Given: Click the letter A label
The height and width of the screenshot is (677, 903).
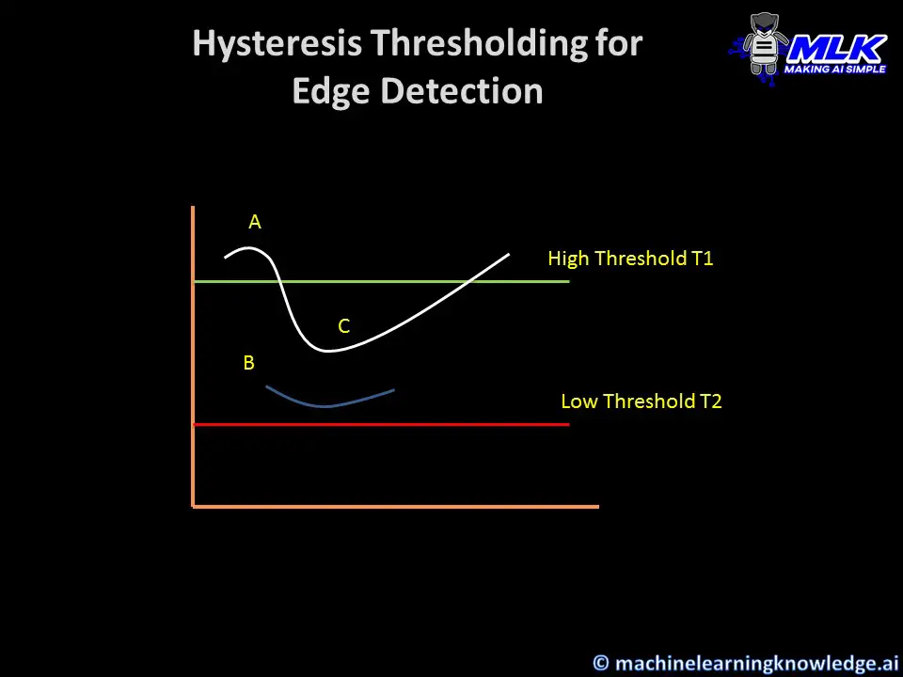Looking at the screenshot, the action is coord(255,222).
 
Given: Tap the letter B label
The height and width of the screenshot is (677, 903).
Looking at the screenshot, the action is coord(248,363).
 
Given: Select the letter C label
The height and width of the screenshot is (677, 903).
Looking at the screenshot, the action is coord(344,326).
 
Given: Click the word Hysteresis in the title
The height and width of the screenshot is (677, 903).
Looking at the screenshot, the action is coord(277,44).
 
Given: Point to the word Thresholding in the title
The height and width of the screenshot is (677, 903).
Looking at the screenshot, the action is coord(480,44).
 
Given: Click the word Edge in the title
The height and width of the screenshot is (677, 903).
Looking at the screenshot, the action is coord(331,91).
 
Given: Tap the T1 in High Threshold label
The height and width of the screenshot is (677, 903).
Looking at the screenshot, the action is coord(702,259).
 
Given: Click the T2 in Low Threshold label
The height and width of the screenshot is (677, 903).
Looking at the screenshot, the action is coord(711,401).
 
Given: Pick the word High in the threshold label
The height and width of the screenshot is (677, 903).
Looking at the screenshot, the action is coord(568,260).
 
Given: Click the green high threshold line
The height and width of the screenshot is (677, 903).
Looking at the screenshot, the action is coord(382,281).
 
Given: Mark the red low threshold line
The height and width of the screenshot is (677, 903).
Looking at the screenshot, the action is coord(382,424).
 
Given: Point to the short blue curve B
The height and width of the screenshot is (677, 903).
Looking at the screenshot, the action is coord(326,405).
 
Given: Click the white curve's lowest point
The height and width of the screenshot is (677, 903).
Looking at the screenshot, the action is coord(327,350).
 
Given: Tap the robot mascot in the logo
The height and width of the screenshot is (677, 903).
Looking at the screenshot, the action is coord(764,45).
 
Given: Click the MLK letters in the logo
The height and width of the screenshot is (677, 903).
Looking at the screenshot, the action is coord(837,48).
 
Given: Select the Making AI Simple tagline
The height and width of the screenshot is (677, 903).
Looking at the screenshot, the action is coord(835,69).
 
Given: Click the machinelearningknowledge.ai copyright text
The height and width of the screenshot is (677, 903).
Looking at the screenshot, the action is coord(756,663).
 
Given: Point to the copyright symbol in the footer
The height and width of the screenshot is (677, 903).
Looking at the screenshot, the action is coord(601,663).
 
